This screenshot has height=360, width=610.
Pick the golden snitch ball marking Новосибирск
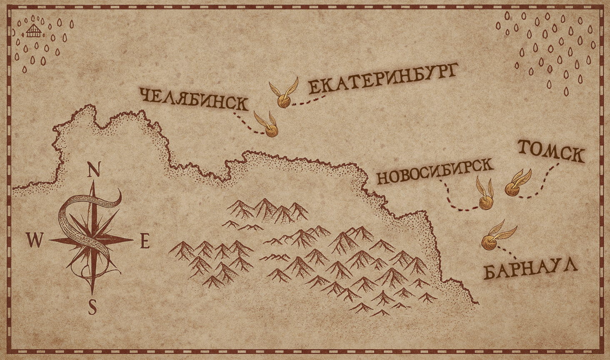(x=485, y=204)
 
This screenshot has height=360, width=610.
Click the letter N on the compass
(x=95, y=170)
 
